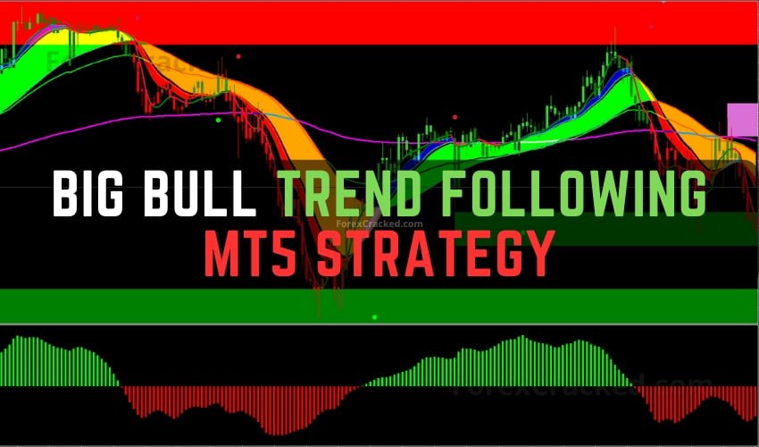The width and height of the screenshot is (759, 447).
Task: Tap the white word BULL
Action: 211,194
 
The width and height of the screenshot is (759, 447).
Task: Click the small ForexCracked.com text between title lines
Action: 380,226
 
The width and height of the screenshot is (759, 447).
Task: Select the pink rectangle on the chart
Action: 742,120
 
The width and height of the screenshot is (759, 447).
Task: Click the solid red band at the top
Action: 379,22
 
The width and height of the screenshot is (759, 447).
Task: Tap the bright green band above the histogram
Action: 379,304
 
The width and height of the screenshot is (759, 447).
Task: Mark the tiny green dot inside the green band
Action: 374,316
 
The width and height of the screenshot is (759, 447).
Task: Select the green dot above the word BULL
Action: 218,117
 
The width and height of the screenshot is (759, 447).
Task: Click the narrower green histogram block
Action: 58,362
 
